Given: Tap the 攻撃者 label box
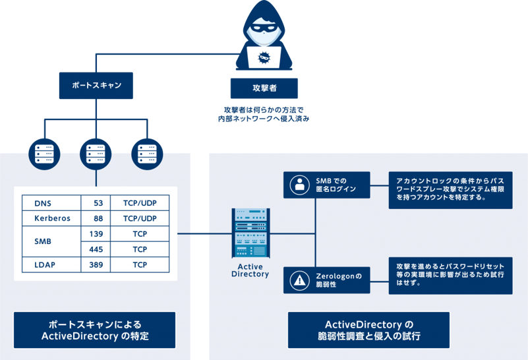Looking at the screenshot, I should click(x=264, y=88).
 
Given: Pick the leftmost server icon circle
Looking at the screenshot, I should click(x=44, y=153).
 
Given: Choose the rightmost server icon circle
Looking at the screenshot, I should click(x=146, y=153).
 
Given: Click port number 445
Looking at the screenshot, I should click(x=96, y=250).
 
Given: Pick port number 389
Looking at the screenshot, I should click(x=96, y=265).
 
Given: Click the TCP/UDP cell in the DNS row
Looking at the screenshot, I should click(x=140, y=202).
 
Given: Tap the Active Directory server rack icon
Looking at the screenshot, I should click(x=250, y=233).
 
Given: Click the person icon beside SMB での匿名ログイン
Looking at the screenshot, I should click(x=300, y=185).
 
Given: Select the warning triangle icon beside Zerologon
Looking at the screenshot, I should click(x=300, y=280).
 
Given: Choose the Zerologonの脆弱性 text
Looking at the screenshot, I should click(x=336, y=280).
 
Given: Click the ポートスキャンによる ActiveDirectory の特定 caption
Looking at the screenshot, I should click(x=95, y=330).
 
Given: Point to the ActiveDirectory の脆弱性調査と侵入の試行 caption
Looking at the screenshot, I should click(x=369, y=330).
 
